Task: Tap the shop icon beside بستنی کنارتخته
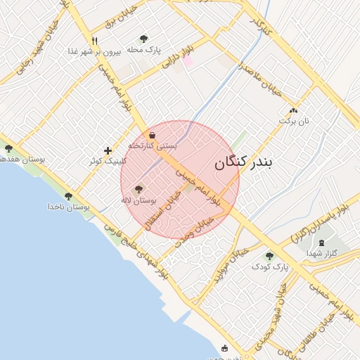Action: (153, 135)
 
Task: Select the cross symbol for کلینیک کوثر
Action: (108, 150)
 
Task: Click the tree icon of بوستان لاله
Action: (138, 188)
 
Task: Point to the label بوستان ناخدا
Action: (68, 207)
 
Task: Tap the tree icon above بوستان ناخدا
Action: (68, 196)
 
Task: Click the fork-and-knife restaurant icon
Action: (94, 40)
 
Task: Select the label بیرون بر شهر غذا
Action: (95, 51)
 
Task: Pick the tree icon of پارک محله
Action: (144, 39)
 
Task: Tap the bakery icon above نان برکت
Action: (293, 110)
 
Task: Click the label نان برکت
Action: (293, 120)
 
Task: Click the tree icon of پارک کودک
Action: (269, 256)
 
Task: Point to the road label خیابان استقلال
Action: (163, 210)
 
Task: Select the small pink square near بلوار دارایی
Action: (188, 61)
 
